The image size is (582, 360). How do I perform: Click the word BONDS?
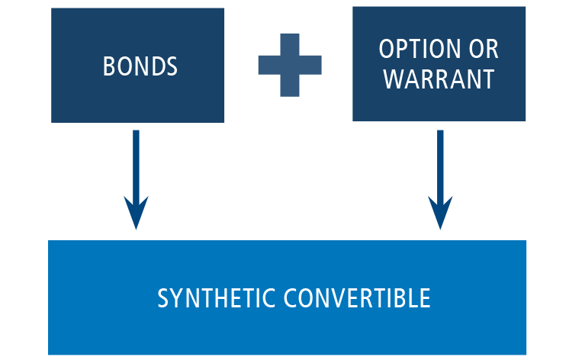(140, 66)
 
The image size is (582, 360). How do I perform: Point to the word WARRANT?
(439, 79)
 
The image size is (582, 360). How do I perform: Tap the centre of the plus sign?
(290, 65)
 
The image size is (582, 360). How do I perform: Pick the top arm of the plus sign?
(290, 42)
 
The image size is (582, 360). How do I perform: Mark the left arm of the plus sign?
(268, 65)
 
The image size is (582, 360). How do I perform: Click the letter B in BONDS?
(108, 66)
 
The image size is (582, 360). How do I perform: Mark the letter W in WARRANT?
(391, 79)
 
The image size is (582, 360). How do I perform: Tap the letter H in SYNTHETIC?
(222, 298)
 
